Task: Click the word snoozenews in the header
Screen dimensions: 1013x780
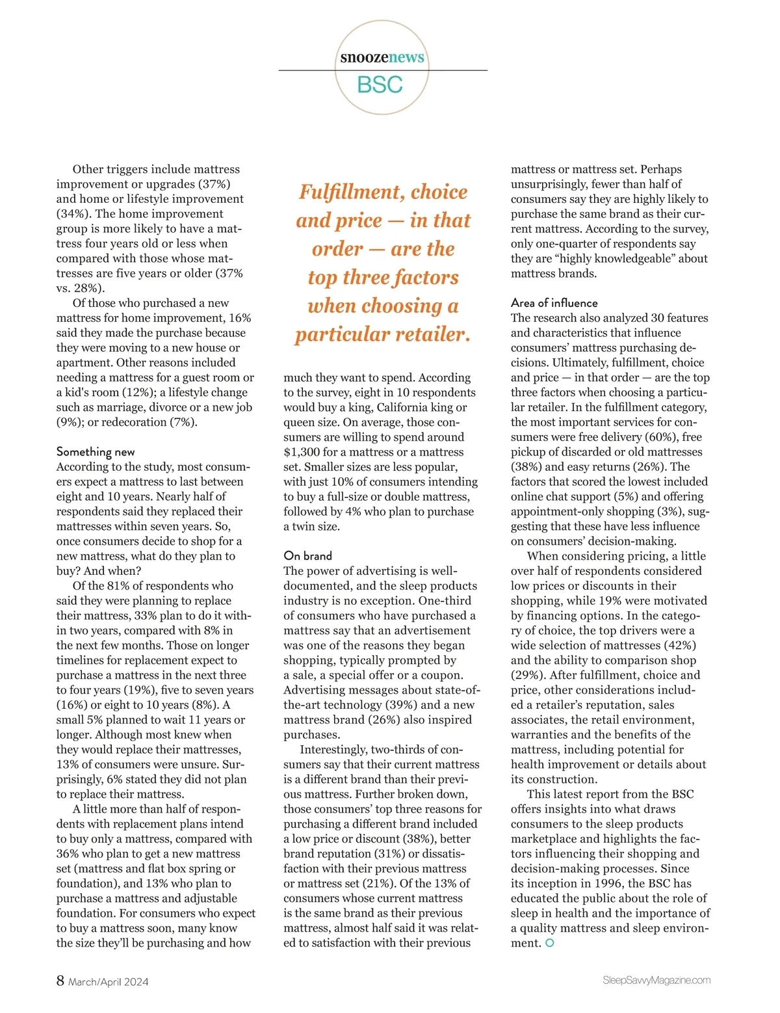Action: tap(382, 57)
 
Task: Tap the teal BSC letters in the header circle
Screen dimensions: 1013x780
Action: tap(380, 85)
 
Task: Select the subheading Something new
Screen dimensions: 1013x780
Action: tap(96, 451)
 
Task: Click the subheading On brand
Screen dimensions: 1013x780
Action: tap(307, 556)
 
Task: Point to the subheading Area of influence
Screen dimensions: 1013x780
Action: tap(554, 303)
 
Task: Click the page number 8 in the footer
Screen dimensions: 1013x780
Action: tap(60, 980)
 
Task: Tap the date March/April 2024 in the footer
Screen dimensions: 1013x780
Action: tap(109, 982)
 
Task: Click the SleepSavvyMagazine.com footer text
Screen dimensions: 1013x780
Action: tap(656, 980)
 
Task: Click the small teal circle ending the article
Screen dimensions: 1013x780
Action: tap(550, 943)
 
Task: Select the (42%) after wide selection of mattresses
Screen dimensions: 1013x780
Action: tap(680, 645)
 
